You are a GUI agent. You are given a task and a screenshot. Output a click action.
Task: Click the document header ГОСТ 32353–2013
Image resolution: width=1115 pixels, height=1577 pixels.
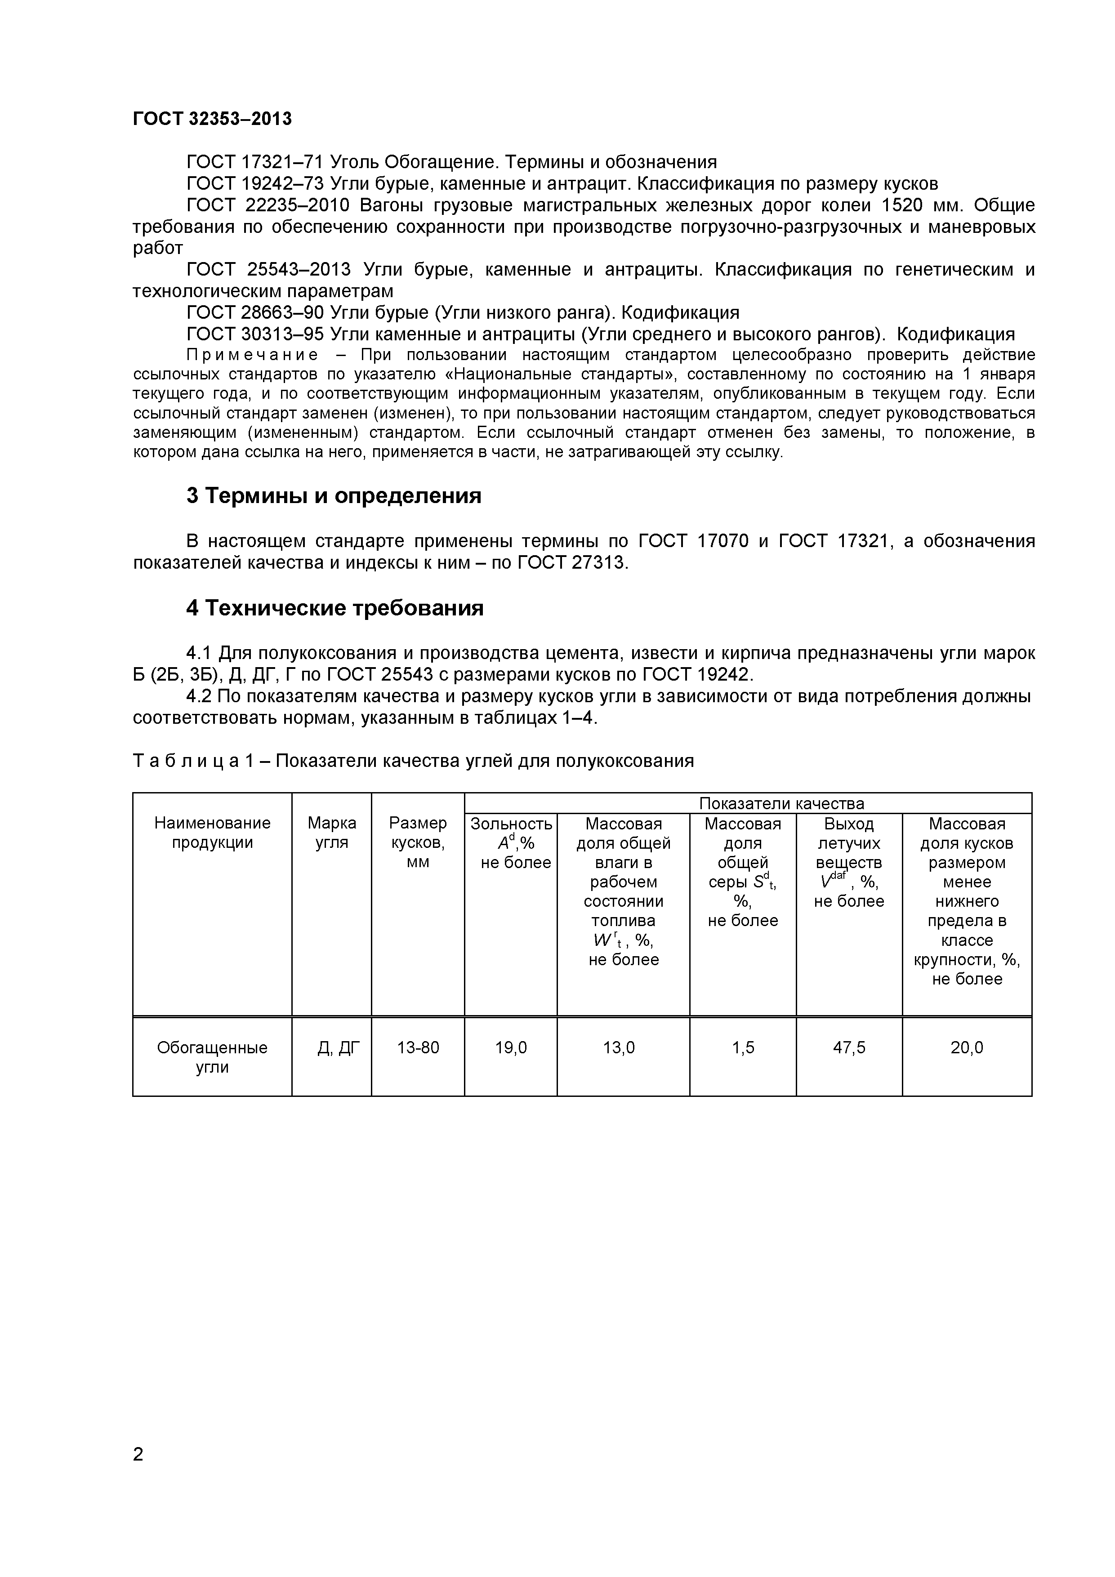(x=212, y=119)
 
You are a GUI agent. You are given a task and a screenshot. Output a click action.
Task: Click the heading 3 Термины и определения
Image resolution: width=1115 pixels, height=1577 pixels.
(x=334, y=495)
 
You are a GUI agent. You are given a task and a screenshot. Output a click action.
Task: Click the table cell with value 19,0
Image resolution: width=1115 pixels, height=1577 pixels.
(x=510, y=1047)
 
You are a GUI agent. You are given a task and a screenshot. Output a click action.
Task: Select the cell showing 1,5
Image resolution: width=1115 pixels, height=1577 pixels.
(x=743, y=1047)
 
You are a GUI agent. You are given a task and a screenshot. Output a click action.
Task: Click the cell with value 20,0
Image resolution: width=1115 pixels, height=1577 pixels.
(x=967, y=1047)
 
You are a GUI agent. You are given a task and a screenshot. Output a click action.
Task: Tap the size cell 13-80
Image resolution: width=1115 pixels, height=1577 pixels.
(x=418, y=1047)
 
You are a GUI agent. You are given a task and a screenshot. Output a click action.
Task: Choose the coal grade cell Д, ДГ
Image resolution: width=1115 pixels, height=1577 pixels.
(x=331, y=1047)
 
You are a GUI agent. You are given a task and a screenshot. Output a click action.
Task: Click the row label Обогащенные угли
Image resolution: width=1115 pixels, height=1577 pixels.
(x=212, y=1057)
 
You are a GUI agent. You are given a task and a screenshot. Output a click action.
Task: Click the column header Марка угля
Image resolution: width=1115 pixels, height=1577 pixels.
(x=331, y=833)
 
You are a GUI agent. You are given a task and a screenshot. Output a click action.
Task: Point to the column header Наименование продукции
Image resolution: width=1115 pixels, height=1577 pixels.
(x=212, y=833)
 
